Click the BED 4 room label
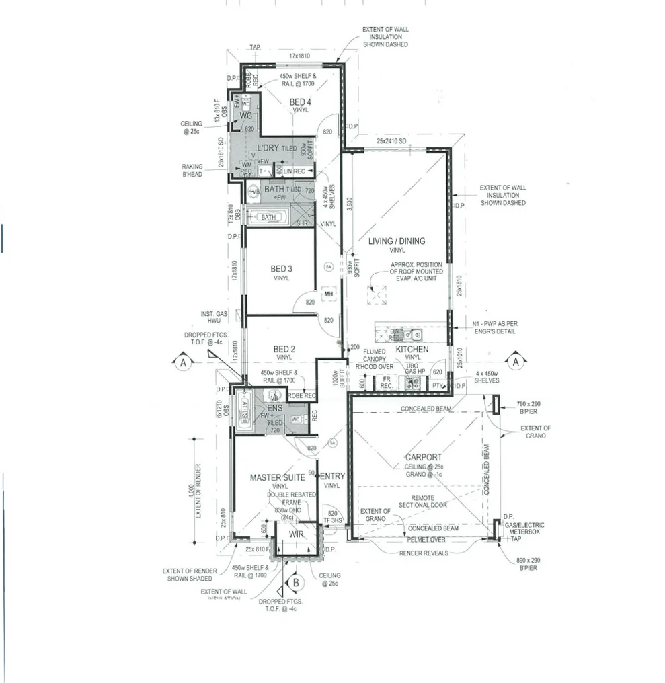299,102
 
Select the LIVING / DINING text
396,241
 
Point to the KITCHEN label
412,350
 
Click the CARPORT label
423,458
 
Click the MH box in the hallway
329,294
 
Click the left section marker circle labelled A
182,362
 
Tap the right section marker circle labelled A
516,362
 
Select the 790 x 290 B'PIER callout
529,407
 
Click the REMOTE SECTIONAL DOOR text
422,501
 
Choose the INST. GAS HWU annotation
216,317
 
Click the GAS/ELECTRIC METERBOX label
524,528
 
